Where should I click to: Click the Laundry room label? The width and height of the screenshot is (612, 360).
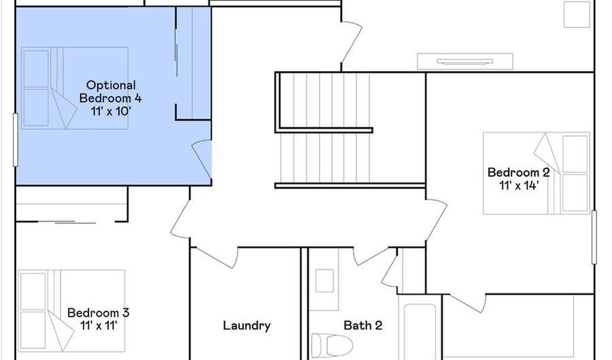coord(247,326)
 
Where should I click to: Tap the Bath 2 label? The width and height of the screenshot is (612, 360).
coord(362,325)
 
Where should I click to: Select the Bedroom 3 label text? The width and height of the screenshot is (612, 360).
coord(98,313)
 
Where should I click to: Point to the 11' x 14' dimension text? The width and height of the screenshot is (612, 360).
coord(519,185)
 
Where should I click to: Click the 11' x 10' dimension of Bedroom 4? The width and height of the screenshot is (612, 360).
coord(110,112)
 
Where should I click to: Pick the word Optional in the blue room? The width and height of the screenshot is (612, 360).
coord(111,86)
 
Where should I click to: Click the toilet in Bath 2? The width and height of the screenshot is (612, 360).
coord(332,345)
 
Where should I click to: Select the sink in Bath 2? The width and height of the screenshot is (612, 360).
coord(324,280)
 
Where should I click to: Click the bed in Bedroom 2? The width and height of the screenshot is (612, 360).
coord(537,174)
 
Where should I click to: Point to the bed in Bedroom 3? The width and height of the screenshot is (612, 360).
coord(71,311)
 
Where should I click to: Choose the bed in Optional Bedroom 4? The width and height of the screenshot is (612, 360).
coord(75,88)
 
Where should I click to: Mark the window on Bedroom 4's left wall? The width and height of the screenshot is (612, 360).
coord(16,140)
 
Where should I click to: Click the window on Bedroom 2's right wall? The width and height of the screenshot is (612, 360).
coord(594,237)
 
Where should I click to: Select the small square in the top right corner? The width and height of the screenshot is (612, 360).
coord(577,14)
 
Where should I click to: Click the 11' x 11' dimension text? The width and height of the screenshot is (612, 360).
coord(99,326)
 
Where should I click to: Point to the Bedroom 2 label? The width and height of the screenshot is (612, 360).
coord(519,172)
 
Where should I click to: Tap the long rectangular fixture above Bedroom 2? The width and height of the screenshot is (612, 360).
coord(465,62)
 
